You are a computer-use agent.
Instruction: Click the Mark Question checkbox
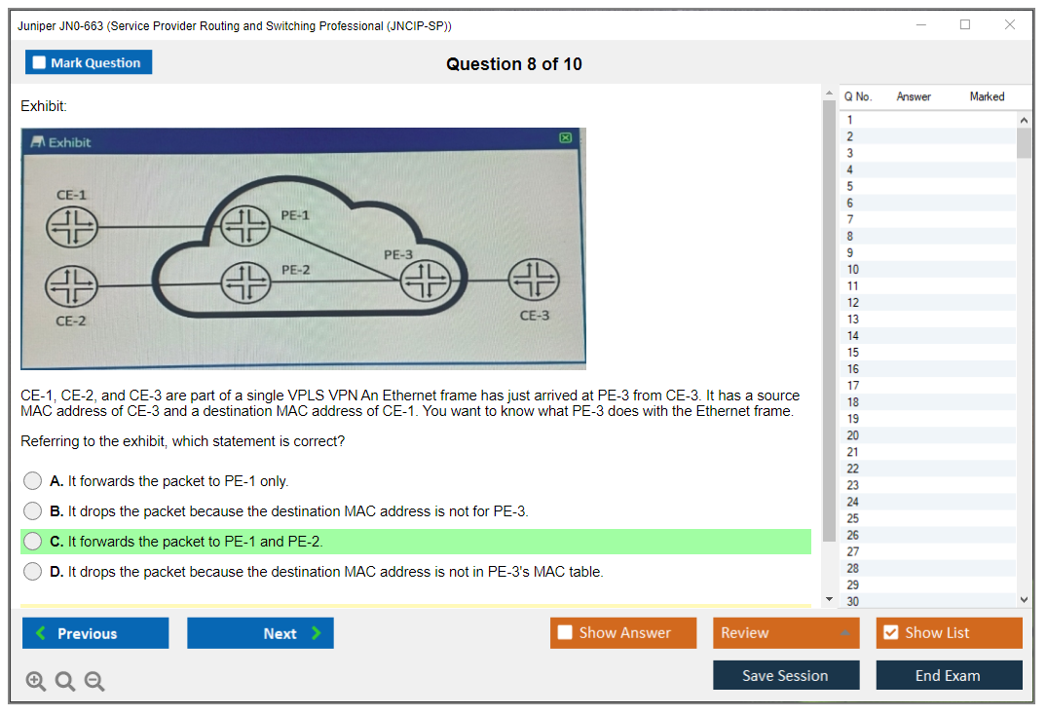click(x=39, y=62)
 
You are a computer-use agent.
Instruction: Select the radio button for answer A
click(x=33, y=481)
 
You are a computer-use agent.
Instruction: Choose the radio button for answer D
click(x=33, y=572)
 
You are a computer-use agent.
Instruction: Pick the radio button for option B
click(x=33, y=511)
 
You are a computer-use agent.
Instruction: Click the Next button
click(x=260, y=633)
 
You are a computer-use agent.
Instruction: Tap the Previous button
click(x=95, y=633)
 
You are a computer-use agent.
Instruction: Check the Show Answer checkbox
click(x=566, y=632)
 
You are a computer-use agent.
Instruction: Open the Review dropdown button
click(x=785, y=632)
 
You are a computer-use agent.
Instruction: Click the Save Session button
click(x=786, y=675)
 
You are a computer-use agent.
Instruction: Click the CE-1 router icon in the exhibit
click(x=72, y=227)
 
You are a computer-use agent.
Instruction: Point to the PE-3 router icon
click(x=426, y=280)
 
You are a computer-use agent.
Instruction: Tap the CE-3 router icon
click(x=534, y=280)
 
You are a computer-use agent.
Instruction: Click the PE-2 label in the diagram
click(x=296, y=270)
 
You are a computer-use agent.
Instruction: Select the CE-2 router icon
click(x=71, y=286)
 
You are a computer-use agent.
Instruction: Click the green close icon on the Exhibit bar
click(x=566, y=137)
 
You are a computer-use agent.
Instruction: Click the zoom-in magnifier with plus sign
click(x=35, y=681)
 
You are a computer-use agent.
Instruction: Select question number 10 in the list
click(x=852, y=269)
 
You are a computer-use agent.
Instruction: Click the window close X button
click(x=1010, y=24)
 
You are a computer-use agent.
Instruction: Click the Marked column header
click(x=987, y=96)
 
